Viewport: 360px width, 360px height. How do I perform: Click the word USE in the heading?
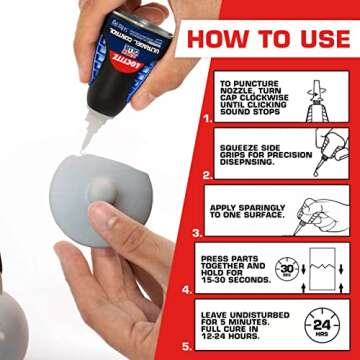[318, 39]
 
